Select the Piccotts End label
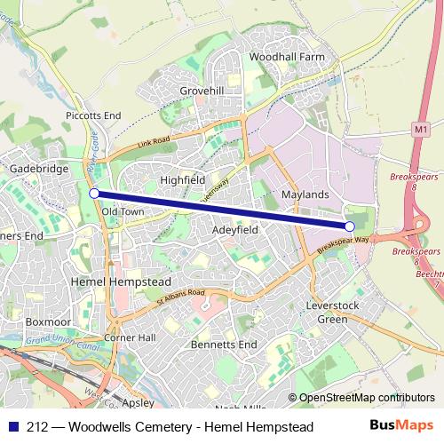(92, 115)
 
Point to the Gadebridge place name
(34, 168)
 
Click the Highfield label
(182, 179)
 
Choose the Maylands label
(305, 194)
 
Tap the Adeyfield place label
(234, 229)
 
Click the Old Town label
(123, 212)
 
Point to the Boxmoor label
(42, 322)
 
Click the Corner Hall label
(130, 338)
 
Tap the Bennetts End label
(224, 344)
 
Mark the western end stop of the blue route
(94, 192)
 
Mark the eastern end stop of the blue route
(349, 227)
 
